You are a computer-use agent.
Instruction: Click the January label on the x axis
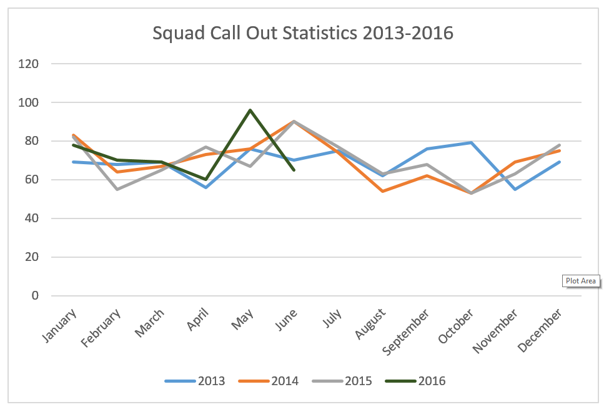61,324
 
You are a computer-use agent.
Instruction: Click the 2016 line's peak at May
250,110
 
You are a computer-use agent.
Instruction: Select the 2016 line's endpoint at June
294,170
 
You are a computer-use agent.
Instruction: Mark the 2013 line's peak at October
470,143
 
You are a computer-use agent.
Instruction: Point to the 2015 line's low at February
117,189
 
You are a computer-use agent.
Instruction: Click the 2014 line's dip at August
382,191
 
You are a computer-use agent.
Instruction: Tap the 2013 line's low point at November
515,189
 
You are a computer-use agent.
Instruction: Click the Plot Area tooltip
581,281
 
